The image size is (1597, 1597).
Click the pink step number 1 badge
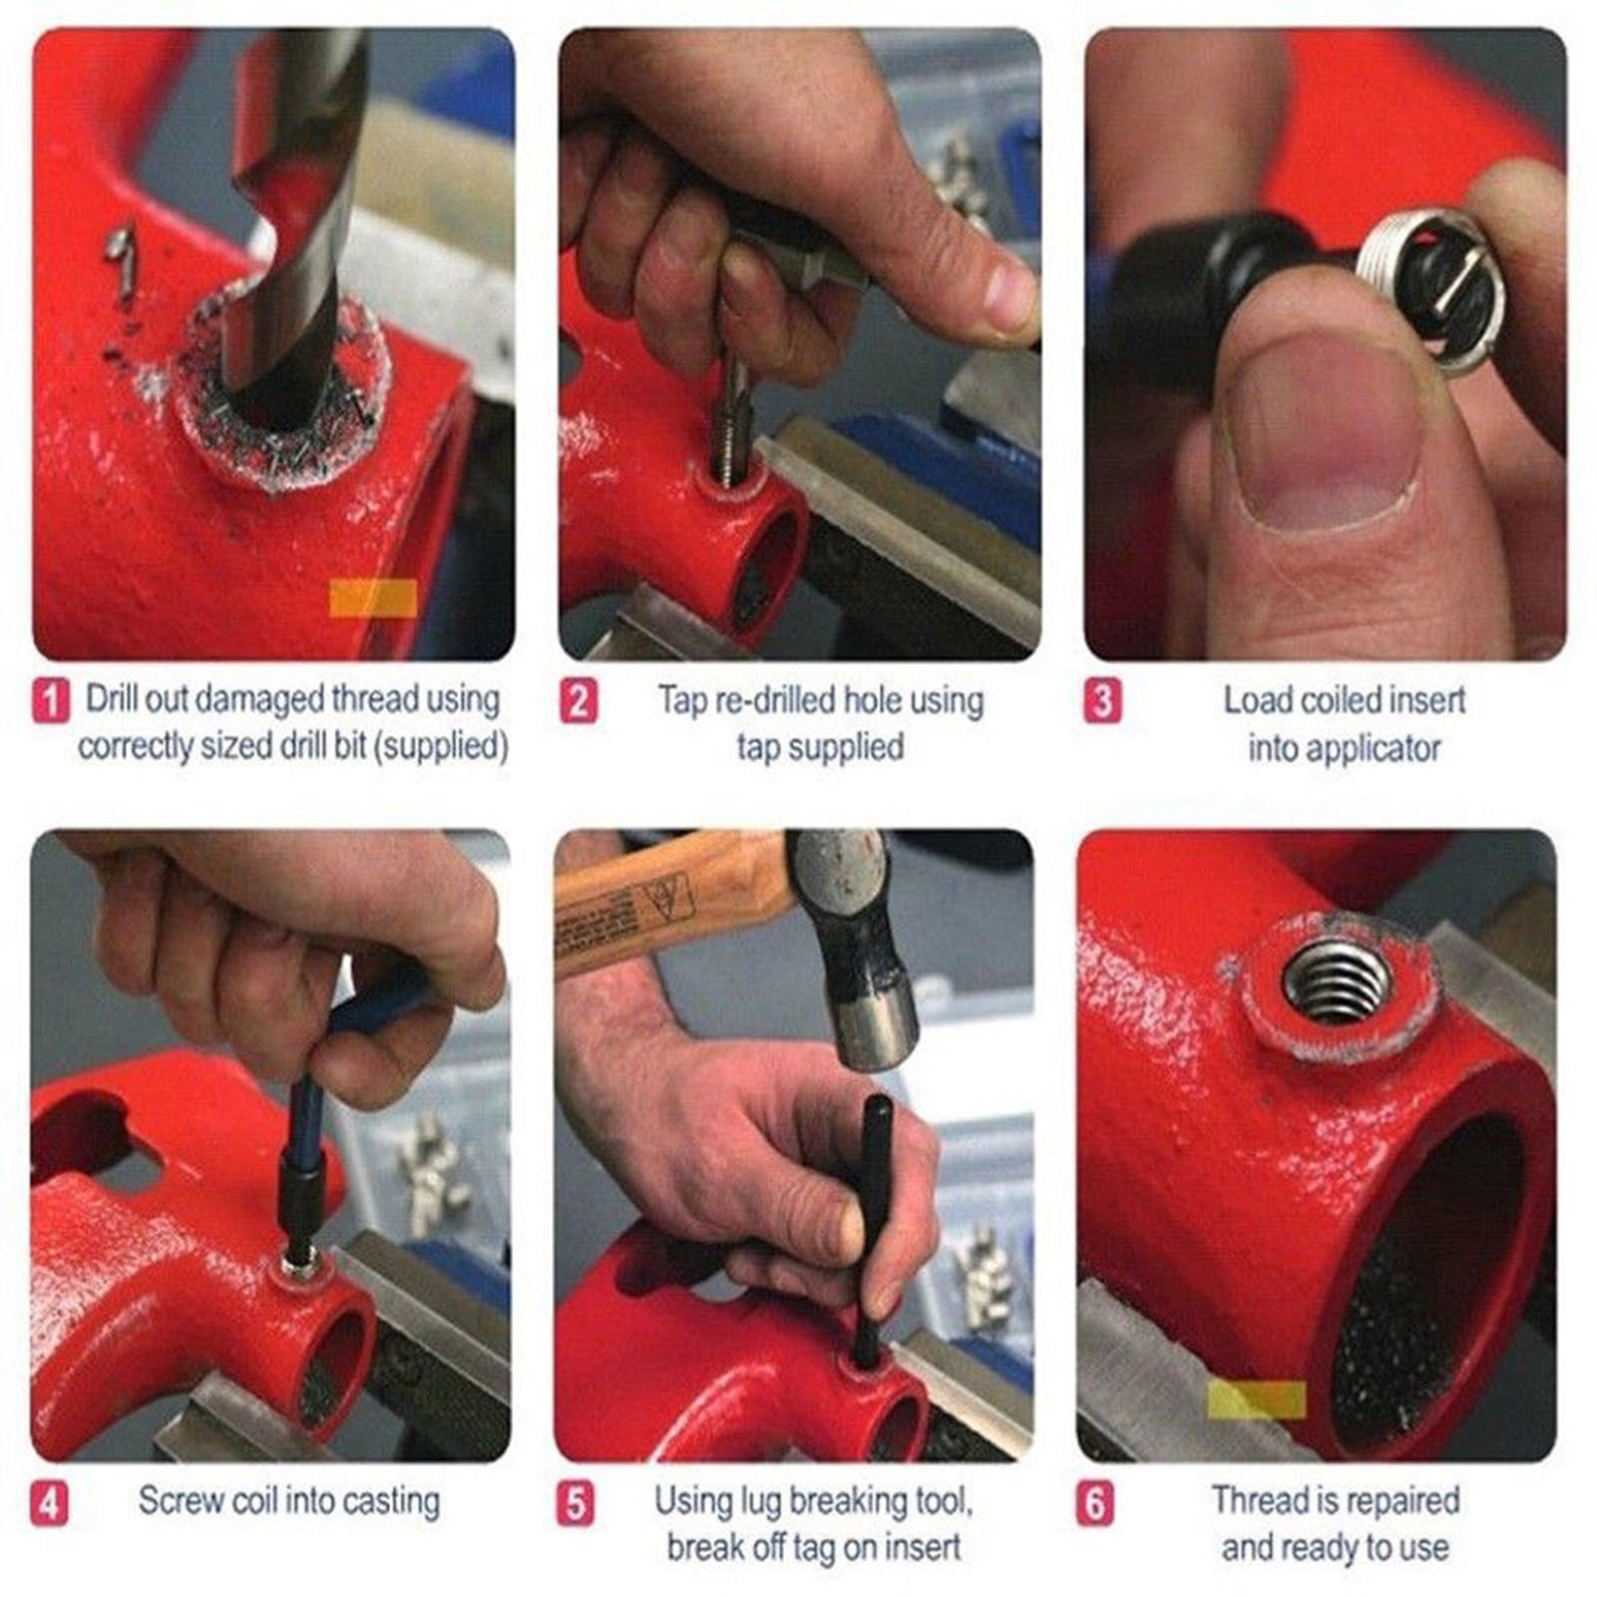coord(51,700)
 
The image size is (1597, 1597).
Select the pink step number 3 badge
coord(1102,700)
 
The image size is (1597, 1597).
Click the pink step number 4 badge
coord(50,1503)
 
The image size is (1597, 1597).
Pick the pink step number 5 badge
coord(576,1503)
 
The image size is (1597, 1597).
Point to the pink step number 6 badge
coord(1095,1503)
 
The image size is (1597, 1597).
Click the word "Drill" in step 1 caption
coord(112,699)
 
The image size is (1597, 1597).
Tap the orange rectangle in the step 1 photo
coord(373,599)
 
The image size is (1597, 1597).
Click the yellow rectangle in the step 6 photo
coord(1257,1399)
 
